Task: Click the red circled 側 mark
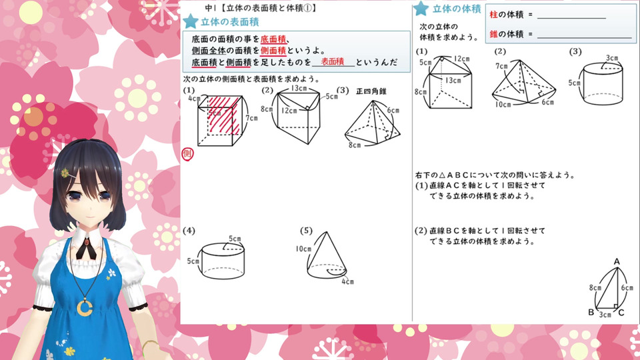(187, 154)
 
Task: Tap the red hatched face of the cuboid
(224, 115)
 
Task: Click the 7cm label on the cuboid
(251, 118)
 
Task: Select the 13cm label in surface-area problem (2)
(299, 88)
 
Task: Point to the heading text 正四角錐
(371, 91)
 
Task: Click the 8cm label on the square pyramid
(354, 145)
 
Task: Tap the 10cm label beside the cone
(303, 249)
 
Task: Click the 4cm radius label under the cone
(347, 281)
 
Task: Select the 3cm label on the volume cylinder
(611, 58)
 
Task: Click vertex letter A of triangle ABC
(617, 261)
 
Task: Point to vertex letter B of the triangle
(591, 312)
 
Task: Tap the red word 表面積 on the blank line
(333, 61)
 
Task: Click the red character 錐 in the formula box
(493, 34)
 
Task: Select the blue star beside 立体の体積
(421, 8)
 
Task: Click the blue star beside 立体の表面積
(191, 21)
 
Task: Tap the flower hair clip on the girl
(65, 173)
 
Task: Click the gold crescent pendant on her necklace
(85, 307)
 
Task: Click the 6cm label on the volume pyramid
(548, 102)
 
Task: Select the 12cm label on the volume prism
(461, 59)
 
